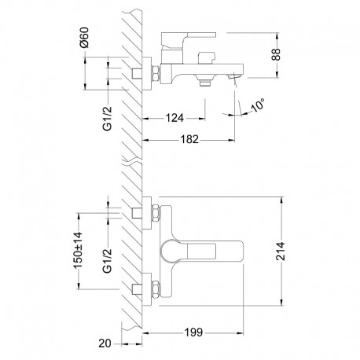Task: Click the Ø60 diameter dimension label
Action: (84, 37)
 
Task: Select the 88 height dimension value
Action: (276, 54)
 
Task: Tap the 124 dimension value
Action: (174, 118)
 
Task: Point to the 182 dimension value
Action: (189, 139)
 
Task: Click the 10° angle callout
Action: (258, 105)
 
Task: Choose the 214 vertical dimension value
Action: (281, 251)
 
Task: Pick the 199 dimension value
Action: (193, 332)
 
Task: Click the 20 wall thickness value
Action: (105, 343)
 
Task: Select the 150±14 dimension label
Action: (78, 250)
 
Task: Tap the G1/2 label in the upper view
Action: (107, 118)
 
